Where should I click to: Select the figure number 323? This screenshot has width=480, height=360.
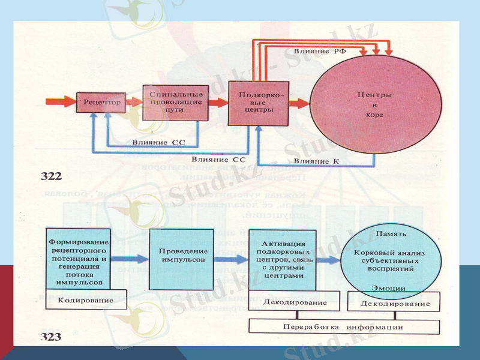click(x=51, y=337)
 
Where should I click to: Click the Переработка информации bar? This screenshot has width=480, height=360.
click(x=343, y=327)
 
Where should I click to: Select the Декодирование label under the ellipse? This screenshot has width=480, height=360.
click(x=395, y=304)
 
